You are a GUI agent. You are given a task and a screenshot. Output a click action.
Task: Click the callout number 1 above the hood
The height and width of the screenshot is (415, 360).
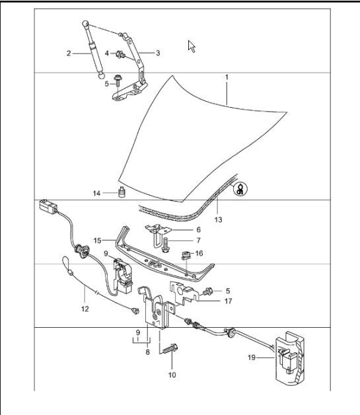click(226, 77)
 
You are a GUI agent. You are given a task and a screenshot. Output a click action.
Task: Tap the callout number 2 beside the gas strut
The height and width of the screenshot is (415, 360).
click(69, 53)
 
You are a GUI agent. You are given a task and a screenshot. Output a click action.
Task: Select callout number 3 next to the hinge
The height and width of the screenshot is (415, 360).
click(158, 52)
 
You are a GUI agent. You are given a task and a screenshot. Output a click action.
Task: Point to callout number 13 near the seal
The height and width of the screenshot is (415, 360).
click(218, 217)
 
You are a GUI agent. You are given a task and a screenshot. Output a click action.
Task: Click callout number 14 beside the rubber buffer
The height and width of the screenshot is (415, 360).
click(96, 193)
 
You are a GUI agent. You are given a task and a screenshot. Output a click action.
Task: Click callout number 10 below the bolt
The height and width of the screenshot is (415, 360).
click(172, 375)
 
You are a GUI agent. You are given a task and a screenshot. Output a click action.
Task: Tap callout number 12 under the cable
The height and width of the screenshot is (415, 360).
click(84, 308)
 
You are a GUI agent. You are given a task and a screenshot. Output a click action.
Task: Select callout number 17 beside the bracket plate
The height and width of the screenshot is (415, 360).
click(209, 301)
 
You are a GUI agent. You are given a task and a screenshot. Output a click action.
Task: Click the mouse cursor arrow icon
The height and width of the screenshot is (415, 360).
click(192, 46)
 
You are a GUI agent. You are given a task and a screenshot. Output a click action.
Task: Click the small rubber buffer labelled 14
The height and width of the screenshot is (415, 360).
click(121, 193)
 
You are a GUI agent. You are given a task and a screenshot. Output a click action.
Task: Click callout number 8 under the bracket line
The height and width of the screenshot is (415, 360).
click(147, 352)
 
